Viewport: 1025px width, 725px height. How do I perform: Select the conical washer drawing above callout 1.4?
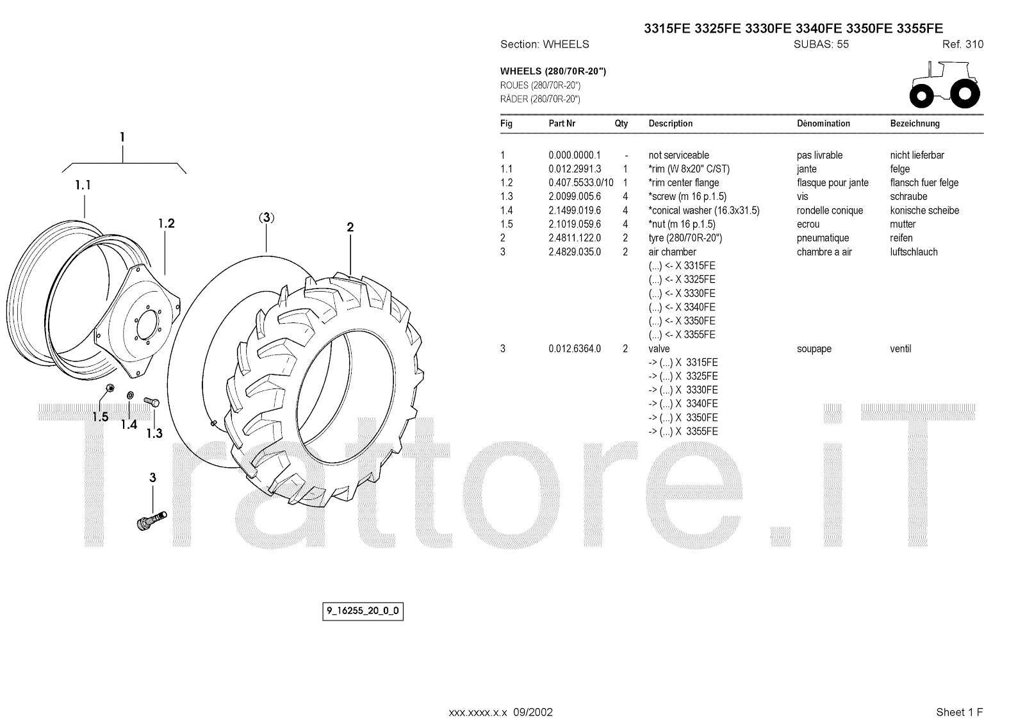coord(131,394)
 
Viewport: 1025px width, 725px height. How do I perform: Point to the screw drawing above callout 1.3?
coord(152,401)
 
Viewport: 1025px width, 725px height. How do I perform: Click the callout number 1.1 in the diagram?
coord(83,185)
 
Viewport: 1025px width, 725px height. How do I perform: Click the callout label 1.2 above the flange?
coord(166,224)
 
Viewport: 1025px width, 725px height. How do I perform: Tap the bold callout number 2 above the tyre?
coord(350,227)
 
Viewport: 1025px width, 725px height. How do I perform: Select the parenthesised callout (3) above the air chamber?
coord(266,217)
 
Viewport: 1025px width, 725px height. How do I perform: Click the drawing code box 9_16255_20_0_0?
coord(363,611)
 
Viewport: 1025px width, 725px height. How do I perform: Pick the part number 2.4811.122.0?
coord(575,238)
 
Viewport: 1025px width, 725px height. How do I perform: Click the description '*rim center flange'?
coord(684,183)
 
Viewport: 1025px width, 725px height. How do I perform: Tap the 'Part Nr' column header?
coord(562,123)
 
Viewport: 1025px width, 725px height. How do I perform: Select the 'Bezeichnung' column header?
coord(915,123)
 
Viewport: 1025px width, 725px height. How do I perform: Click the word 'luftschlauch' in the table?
coord(914,252)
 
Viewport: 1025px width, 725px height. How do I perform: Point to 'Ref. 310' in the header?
coord(962,44)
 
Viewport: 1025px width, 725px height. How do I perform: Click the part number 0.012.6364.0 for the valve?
coord(575,349)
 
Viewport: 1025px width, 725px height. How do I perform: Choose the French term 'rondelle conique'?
coord(830,210)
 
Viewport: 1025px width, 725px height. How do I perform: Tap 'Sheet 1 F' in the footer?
coord(959,712)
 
